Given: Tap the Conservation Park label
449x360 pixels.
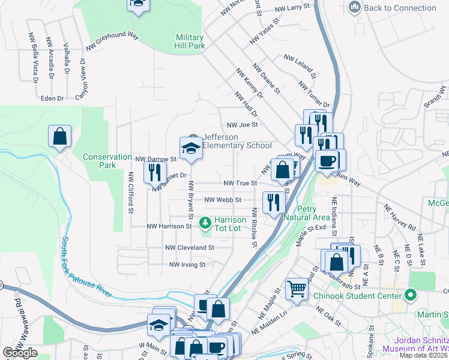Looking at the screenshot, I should coord(107,161).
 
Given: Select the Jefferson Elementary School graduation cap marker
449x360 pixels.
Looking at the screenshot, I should coord(191,148).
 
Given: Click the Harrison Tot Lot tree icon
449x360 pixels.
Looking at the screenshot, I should coord(205,223).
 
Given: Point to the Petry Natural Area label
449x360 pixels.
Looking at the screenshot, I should coord(306,213).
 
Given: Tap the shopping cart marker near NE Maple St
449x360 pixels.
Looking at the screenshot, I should coord(297,290).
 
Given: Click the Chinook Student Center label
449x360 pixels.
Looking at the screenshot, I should coord(359,296).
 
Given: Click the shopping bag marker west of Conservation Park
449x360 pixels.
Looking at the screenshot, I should coord(60,136).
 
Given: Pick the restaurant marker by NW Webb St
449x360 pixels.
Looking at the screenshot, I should coord(274,202).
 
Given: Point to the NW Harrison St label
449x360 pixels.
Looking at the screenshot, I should coord(169,226).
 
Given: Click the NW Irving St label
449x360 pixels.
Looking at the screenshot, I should coord(187,264).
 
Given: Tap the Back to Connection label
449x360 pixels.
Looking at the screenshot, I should coord(400,8).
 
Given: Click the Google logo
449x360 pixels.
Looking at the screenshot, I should coord(20,353).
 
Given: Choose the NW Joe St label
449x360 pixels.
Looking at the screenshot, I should coord(242,125).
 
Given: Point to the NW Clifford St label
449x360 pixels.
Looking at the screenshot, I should coord(130,193).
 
